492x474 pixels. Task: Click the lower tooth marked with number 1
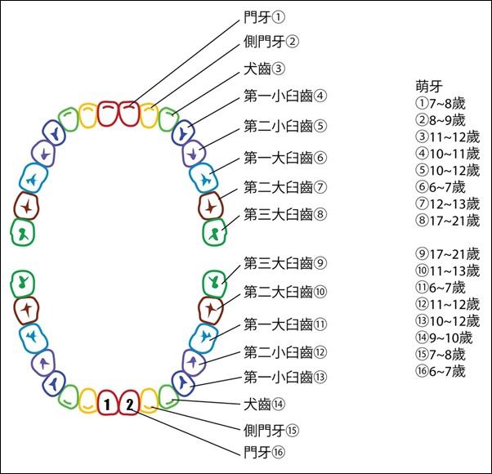tap(107, 403)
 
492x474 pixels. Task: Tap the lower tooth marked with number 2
tap(129, 403)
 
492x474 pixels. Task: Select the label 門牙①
tap(265, 17)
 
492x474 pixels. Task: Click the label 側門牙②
tap(271, 42)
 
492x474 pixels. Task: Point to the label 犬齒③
tap(265, 69)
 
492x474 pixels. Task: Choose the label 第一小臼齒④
tap(285, 96)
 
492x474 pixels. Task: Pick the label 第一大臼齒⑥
tap(285, 158)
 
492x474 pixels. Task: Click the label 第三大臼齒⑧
tap(285, 215)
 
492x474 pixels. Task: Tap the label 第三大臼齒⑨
tap(285, 263)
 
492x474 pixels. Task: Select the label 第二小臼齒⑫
tap(285, 352)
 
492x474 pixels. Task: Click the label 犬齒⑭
tap(265, 404)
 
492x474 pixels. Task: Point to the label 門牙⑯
tap(265, 453)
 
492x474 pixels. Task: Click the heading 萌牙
tap(429, 87)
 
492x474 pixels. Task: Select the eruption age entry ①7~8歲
tap(441, 103)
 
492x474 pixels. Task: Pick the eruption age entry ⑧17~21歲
tap(448, 221)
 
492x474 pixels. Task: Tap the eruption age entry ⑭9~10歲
tap(444, 338)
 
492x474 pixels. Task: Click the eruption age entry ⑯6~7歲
tap(441, 371)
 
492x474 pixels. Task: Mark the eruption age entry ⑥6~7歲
tap(441, 187)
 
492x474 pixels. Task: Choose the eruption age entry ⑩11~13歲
tap(448, 271)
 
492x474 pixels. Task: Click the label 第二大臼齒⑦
tap(285, 187)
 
